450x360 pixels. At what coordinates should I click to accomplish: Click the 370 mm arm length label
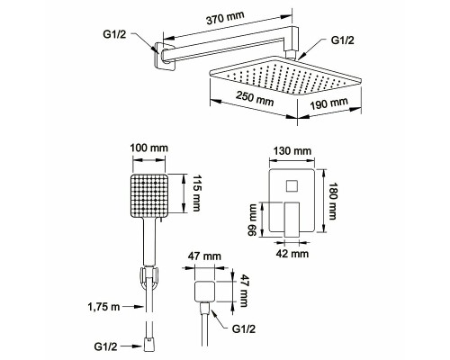[225, 18]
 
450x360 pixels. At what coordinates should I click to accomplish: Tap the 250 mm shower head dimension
[255, 99]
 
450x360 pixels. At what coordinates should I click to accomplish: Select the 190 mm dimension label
[329, 103]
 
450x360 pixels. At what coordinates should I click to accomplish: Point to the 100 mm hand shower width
[149, 148]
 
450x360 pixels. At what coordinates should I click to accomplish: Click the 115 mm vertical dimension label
[196, 193]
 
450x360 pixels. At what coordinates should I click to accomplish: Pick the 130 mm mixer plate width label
[292, 150]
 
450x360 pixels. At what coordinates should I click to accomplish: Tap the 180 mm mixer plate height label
[333, 201]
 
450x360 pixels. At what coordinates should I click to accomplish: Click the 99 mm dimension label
[252, 220]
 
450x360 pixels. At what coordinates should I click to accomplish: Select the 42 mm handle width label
[292, 254]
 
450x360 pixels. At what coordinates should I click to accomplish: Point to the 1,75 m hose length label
[103, 307]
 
